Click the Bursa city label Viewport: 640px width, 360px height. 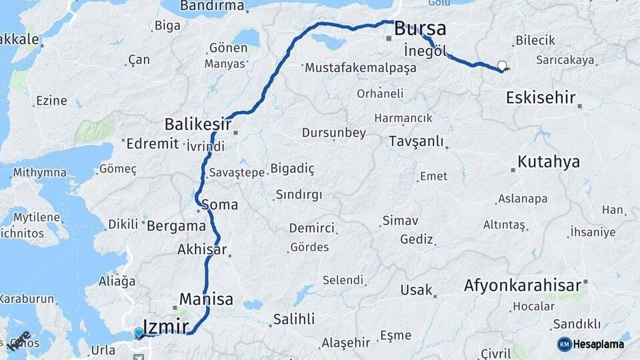point(420,29)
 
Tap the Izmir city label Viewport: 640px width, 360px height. point(166,326)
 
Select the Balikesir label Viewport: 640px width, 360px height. point(198,124)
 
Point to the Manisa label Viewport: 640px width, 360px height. point(206,299)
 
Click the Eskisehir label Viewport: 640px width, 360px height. point(541,98)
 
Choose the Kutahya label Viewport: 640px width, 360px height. point(549,162)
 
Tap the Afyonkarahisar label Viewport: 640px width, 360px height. point(523,286)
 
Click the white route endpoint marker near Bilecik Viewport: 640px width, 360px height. point(502,65)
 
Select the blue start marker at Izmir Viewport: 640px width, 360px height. point(139,332)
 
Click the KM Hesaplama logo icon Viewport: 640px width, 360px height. point(564,344)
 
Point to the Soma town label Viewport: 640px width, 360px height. point(219,205)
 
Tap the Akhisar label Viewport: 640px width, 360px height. point(202,251)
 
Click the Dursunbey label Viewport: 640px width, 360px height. point(334,133)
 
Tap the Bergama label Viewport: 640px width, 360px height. point(176,225)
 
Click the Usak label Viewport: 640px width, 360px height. point(416,290)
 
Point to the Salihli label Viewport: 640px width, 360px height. point(293,319)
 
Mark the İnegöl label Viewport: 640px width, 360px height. point(425,51)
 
